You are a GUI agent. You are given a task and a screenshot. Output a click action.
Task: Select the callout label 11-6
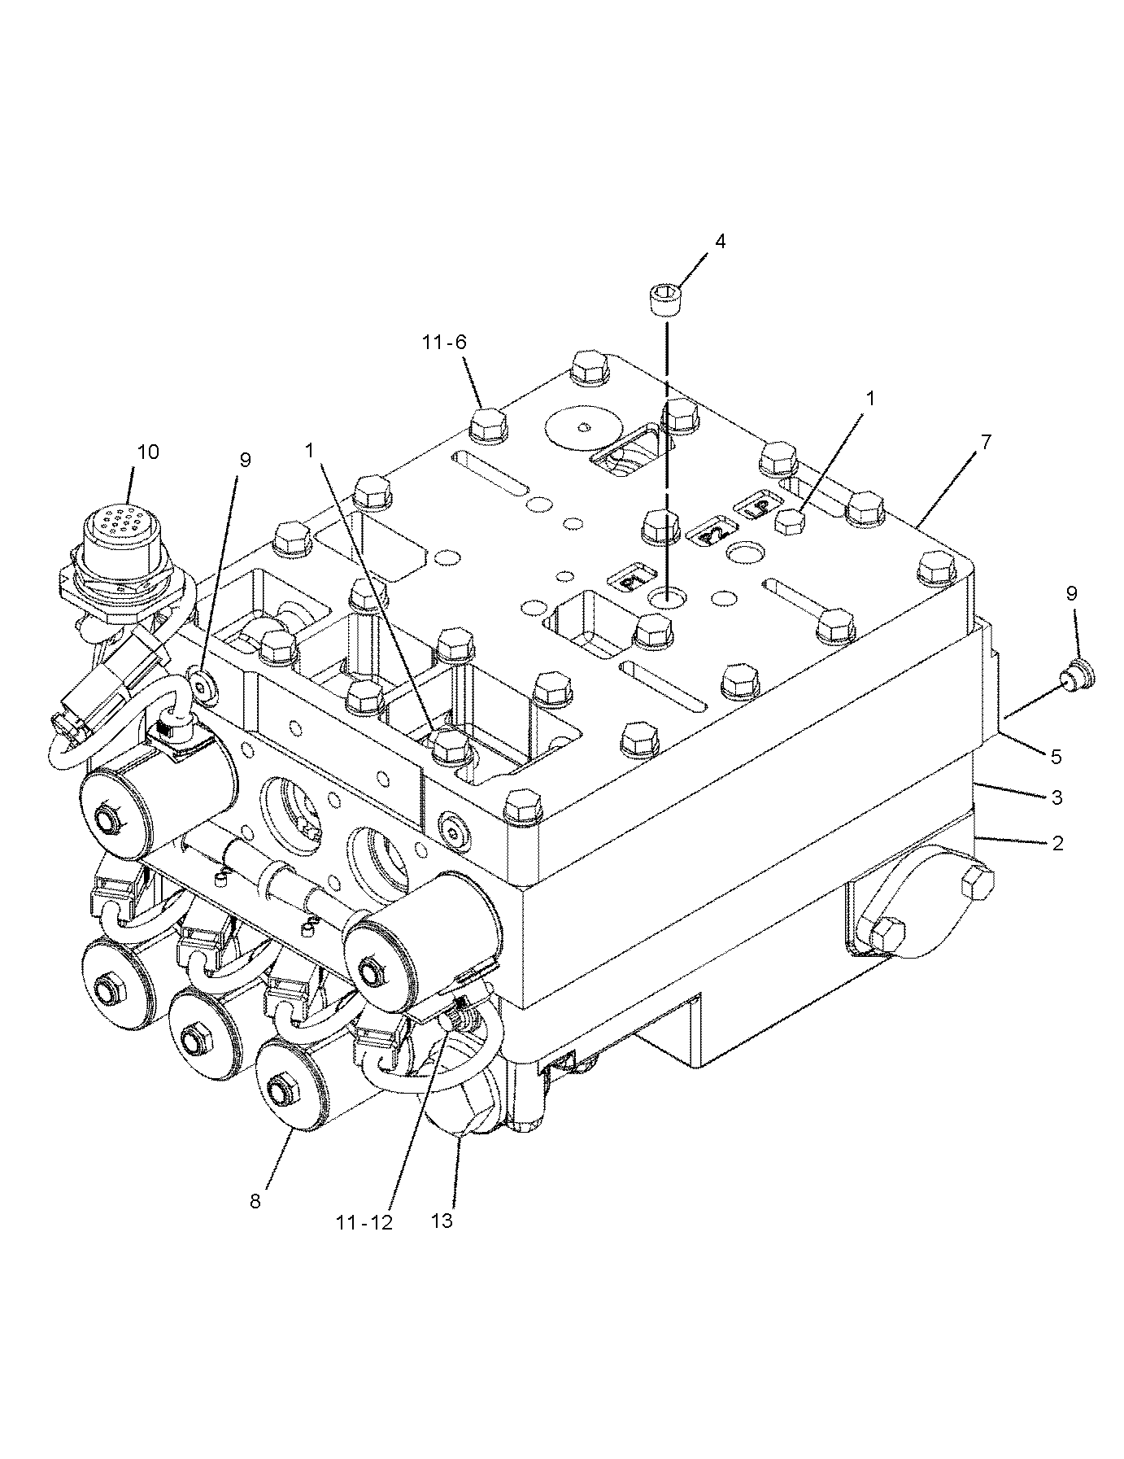pos(444,342)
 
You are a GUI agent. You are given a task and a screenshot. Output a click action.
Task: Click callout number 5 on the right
pos(1056,756)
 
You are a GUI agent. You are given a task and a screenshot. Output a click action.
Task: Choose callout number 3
pos(1056,797)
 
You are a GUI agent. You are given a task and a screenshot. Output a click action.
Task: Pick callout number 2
pos(1057,843)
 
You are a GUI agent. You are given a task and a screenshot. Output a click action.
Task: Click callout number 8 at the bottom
pos(255,1200)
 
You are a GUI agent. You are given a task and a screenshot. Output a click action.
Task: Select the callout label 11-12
pos(363,1222)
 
